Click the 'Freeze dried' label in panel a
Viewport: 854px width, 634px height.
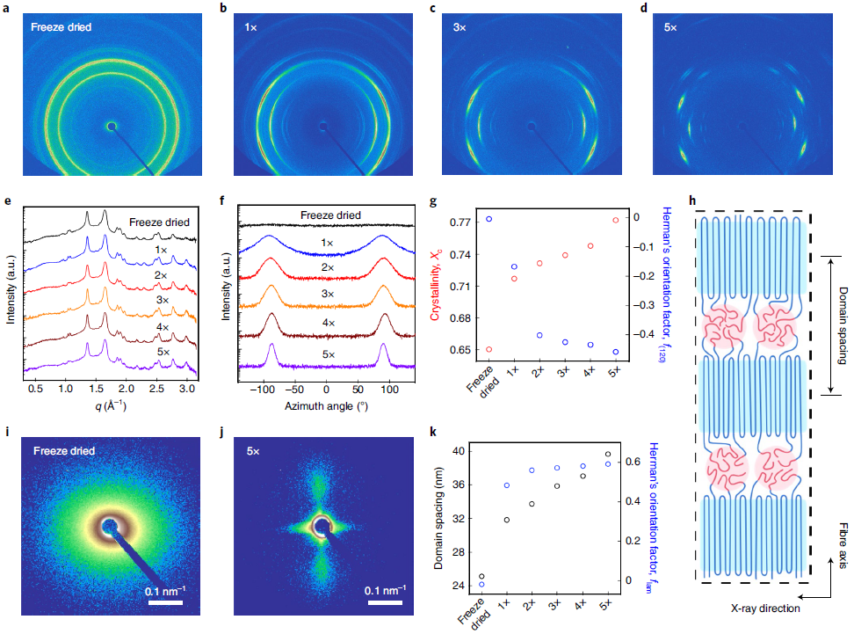(61, 27)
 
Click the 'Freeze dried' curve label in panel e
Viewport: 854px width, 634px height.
(159, 222)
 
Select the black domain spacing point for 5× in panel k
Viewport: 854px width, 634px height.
(608, 455)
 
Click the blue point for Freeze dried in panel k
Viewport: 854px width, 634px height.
(481, 584)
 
